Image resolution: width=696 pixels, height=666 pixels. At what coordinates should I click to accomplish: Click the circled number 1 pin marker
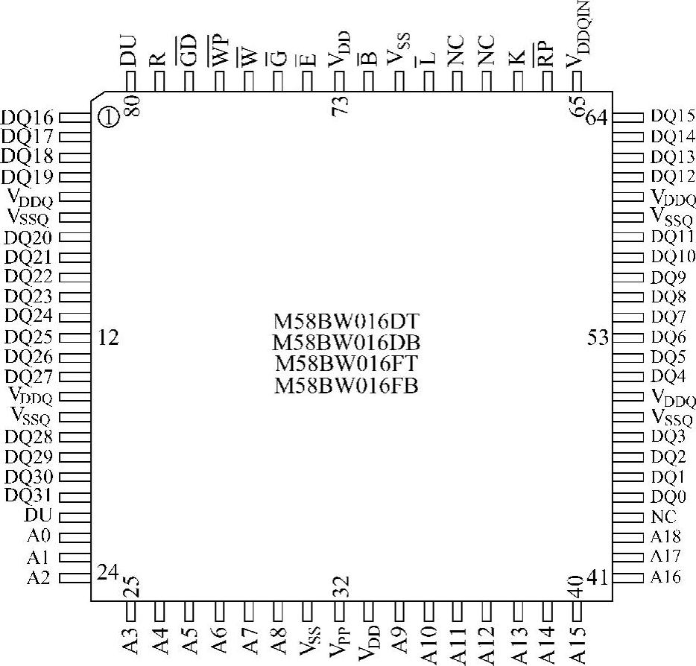coord(108,117)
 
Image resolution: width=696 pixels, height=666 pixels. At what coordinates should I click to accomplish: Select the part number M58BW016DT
coord(347,323)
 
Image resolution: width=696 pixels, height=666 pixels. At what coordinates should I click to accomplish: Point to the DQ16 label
coord(28,117)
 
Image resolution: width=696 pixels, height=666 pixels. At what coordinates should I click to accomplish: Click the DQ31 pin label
coord(28,495)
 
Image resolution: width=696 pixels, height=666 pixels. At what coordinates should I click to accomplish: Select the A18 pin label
coord(665,536)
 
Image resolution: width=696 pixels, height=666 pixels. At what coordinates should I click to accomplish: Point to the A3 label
coord(130,641)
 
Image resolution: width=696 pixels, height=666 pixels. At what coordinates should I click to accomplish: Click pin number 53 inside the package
coord(598,337)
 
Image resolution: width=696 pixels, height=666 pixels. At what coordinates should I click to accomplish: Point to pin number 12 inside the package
coord(108,338)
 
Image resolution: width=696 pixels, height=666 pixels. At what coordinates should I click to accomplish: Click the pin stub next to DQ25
coord(75,337)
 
